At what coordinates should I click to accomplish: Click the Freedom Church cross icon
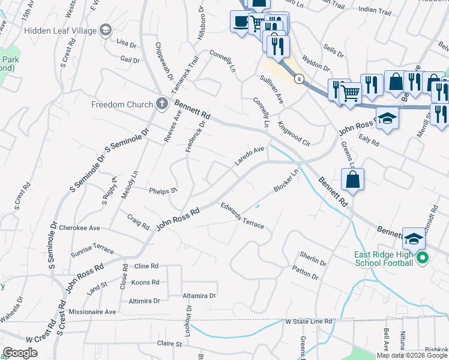coord(161,104)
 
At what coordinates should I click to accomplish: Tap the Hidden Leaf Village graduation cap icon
coord(105,29)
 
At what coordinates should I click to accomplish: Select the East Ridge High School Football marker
coord(422,258)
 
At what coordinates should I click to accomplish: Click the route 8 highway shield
coord(298,78)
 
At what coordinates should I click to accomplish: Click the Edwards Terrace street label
coord(242,216)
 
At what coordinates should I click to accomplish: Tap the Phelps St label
coord(164,190)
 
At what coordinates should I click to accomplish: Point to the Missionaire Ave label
coord(92,312)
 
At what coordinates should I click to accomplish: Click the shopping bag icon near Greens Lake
coord(352,179)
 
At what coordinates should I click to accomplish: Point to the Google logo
coord(20,353)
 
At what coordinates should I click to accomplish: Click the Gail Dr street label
coord(130,59)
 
